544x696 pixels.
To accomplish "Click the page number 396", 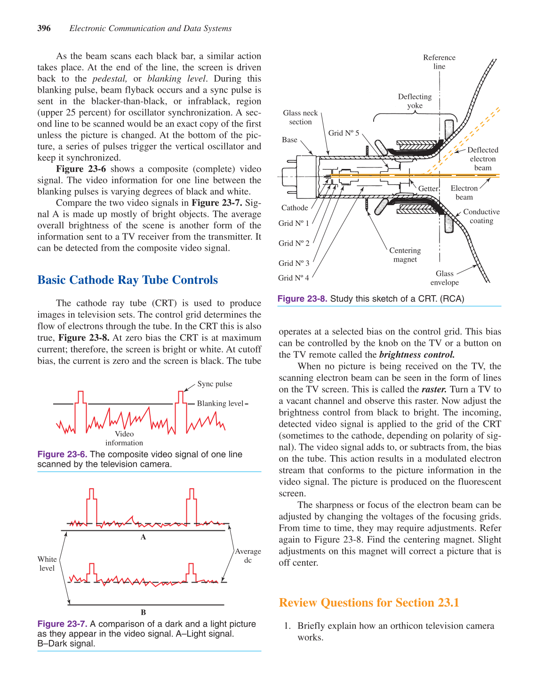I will (x=44, y=28).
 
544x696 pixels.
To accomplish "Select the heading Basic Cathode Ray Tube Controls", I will (x=128, y=280).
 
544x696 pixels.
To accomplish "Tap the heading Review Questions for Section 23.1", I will (x=369, y=603).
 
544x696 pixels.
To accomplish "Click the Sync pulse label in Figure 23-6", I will (x=215, y=384).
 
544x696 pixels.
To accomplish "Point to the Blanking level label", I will (x=220, y=403).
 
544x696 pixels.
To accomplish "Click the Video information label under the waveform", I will (x=124, y=438).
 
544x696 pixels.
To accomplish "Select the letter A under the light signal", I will (x=144, y=537).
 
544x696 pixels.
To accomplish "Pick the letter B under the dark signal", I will (x=144, y=612).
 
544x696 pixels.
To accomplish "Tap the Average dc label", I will (x=248, y=556).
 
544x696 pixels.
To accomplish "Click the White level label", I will (x=47, y=564).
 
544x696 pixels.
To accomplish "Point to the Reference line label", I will (x=439, y=62).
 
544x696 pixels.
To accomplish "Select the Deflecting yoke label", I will (x=415, y=101).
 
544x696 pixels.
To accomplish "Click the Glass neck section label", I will (x=300, y=117).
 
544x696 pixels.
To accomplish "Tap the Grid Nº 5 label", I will (x=344, y=133).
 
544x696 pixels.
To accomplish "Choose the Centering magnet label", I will (x=405, y=255).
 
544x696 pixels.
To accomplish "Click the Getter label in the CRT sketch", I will (x=428, y=189).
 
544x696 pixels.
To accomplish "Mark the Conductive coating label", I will (x=481, y=216).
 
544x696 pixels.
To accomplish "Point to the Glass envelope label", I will (x=444, y=278).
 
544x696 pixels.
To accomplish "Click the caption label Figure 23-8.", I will (x=302, y=299).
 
